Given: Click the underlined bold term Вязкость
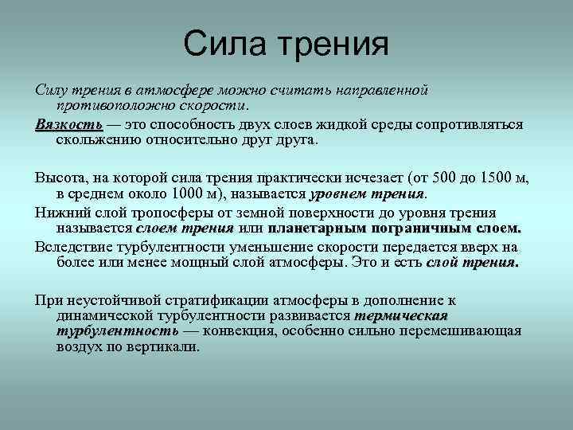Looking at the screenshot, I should click(x=68, y=125).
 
